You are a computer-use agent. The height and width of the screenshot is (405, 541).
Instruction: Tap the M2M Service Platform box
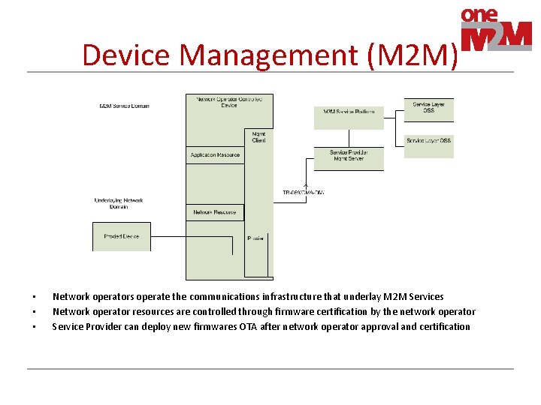(x=349, y=112)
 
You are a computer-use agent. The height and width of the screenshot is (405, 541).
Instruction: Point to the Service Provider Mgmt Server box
(x=349, y=156)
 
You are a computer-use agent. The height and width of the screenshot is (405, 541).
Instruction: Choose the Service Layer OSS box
(x=428, y=108)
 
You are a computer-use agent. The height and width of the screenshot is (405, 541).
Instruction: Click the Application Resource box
(x=215, y=154)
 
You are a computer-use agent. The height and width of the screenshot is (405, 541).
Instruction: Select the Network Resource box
(x=215, y=212)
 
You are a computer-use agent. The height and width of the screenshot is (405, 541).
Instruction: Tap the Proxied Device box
(x=122, y=236)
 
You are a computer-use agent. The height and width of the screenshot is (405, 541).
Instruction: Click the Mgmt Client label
(x=258, y=137)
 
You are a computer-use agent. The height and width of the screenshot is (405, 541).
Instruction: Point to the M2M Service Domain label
(x=124, y=106)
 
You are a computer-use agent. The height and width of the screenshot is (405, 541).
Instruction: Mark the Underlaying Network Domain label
(x=119, y=203)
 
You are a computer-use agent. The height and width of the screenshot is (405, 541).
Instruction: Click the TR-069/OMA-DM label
(x=304, y=193)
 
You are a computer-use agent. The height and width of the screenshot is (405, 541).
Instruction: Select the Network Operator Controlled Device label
(x=228, y=102)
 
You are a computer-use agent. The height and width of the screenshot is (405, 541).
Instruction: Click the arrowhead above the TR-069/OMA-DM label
(x=305, y=184)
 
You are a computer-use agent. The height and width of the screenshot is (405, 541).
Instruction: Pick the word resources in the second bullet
(x=160, y=312)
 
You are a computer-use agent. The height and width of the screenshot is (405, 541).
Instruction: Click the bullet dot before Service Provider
(x=33, y=328)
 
